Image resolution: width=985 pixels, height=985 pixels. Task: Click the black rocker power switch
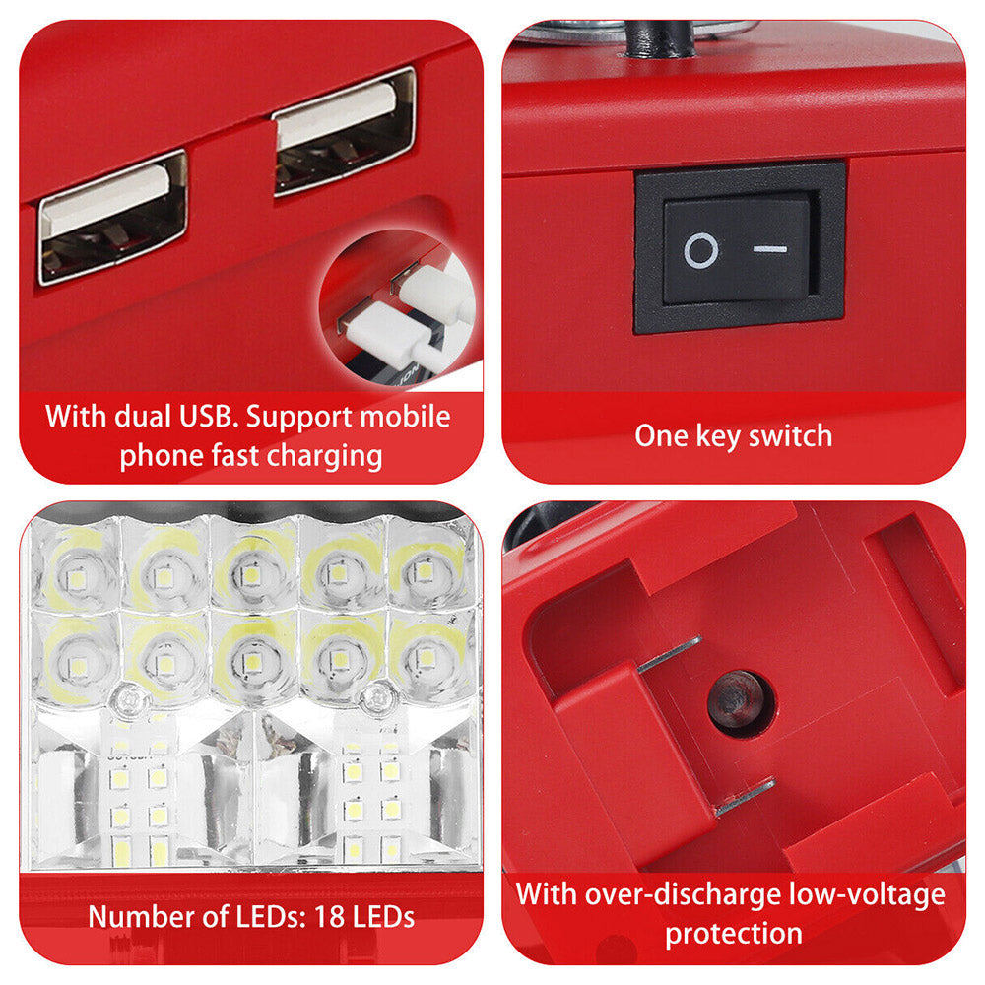point(740,247)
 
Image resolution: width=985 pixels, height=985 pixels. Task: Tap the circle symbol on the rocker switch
point(700,250)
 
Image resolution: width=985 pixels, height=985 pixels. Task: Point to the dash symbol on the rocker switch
point(770,249)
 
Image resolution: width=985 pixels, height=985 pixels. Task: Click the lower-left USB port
point(113,216)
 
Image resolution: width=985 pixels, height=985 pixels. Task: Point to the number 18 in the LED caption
point(329,916)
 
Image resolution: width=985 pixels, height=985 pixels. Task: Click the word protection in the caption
point(734,934)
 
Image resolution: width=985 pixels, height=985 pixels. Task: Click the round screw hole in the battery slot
point(738,699)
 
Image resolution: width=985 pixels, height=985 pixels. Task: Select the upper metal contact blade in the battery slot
point(670,654)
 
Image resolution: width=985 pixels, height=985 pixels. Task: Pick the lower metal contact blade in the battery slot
point(746,797)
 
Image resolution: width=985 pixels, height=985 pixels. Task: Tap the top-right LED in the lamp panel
point(425,572)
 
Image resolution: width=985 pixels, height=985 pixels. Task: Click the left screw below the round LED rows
point(129,698)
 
